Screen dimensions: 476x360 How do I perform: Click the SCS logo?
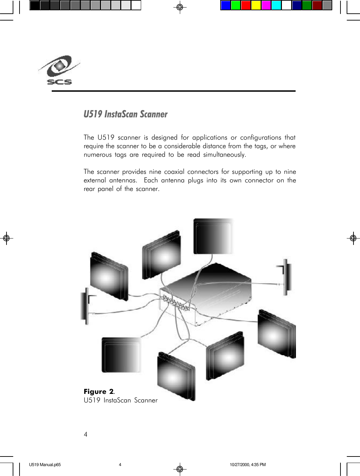pos(59,70)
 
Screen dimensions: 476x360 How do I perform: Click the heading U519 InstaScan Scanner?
pos(125,114)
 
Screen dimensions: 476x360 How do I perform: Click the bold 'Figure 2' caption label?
pos(98,391)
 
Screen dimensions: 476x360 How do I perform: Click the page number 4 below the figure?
pos(86,434)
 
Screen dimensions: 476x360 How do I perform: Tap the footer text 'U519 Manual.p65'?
pos(45,465)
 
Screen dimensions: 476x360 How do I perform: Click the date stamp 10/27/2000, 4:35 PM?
pos(248,465)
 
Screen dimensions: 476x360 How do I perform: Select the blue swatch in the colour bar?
pos(225,5)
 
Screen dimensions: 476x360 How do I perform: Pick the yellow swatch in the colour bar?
pos(256,5)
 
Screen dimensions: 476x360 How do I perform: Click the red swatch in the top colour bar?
pos(246,5)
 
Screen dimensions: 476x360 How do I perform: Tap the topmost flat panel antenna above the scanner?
pos(213,236)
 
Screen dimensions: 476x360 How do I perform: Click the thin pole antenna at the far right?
pos(286,277)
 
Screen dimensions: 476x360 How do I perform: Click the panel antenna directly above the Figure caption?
pos(121,355)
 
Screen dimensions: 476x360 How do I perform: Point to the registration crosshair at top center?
pos(179,7)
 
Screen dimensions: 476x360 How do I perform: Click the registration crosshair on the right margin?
pos(353,238)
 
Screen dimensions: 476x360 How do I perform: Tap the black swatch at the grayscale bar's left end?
pos(35,5)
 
